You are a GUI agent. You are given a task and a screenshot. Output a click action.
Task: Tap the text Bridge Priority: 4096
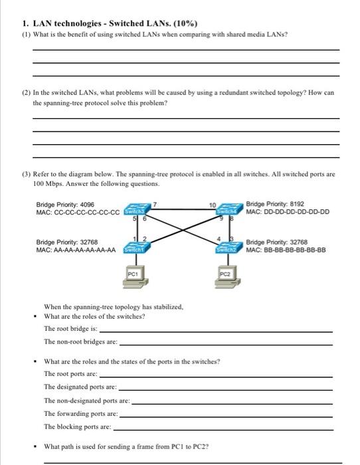pos(65,204)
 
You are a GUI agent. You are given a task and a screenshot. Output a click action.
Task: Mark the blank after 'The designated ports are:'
pos(225,389)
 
